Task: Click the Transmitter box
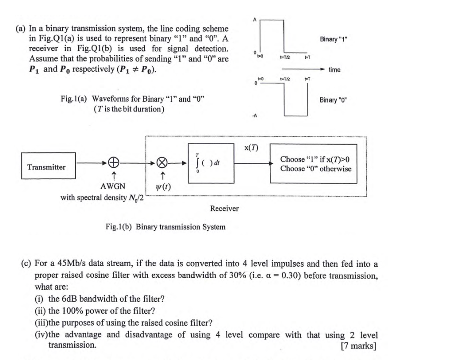pos(46,167)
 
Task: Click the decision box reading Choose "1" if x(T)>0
pos(316,164)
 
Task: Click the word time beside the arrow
pos(334,70)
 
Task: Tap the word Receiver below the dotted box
pos(224,208)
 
